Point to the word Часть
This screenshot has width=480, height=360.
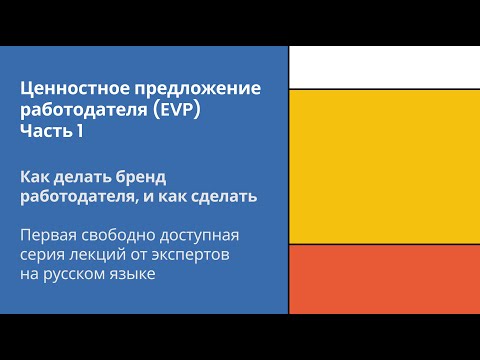(45, 129)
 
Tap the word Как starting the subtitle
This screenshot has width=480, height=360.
(35, 177)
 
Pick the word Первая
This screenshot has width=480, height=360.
(49, 236)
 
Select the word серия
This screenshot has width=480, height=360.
(43, 255)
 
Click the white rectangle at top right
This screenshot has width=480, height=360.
(384, 66)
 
